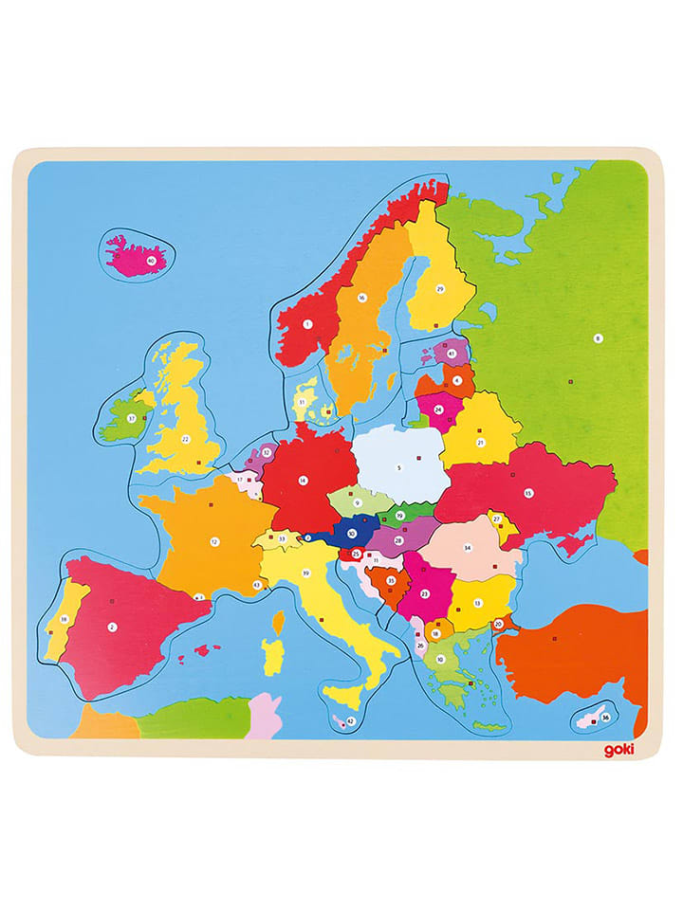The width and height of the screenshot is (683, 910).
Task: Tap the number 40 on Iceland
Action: tap(151, 260)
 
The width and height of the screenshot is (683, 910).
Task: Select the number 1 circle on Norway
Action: tap(307, 324)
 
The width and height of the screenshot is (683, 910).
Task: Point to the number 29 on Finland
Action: tap(440, 288)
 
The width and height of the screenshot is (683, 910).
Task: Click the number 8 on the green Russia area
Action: tap(598, 337)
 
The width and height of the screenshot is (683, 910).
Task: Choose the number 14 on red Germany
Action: tap(303, 480)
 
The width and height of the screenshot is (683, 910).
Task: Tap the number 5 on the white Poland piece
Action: tap(399, 467)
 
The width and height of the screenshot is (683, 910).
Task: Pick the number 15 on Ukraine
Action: tap(529, 492)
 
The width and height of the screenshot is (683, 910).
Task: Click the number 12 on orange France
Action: tap(214, 542)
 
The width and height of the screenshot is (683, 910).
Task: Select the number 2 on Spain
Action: tap(112, 626)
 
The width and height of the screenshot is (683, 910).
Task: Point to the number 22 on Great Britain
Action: tap(186, 438)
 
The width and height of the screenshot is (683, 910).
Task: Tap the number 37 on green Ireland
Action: tap(132, 416)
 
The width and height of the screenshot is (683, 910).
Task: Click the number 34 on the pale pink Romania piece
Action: tap(467, 548)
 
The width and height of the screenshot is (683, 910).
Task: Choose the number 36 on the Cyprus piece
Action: tap(605, 717)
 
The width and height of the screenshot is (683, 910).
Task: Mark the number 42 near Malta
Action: tap(350, 721)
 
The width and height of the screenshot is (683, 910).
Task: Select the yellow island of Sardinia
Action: tap(272, 655)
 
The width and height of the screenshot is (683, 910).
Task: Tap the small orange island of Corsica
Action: tap(279, 622)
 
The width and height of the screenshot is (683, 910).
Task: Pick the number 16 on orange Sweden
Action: tap(361, 298)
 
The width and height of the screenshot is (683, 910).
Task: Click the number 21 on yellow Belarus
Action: tap(480, 442)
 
